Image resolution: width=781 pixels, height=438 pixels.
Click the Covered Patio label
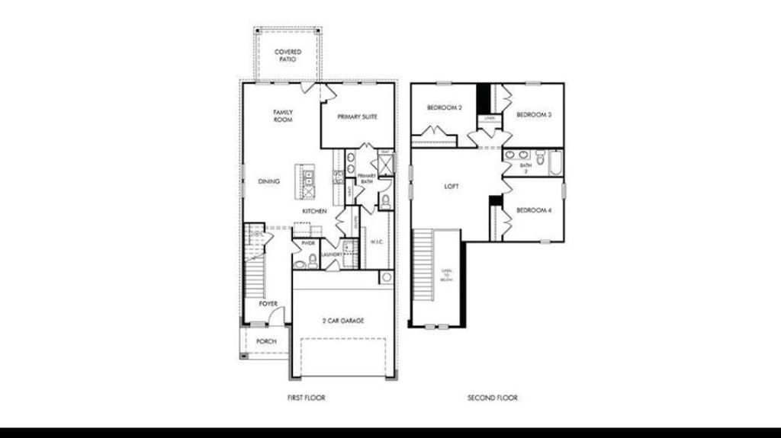[288, 56]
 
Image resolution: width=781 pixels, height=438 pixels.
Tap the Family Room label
[283, 116]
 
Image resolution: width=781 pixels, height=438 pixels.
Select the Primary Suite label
[357, 117]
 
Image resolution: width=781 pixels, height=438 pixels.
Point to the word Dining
[268, 181]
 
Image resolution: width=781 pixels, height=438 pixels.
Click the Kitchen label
[314, 211]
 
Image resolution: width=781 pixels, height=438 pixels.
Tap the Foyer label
[268, 304]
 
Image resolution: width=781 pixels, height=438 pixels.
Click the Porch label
[266, 341]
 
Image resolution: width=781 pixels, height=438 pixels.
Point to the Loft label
[452, 187]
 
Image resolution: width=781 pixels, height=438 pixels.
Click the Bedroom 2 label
[444, 108]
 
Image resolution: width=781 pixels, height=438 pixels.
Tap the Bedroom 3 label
[534, 115]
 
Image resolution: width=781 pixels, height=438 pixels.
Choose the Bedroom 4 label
[534, 209]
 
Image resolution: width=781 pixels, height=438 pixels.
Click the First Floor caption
[306, 398]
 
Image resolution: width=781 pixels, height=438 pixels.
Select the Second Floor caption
[493, 398]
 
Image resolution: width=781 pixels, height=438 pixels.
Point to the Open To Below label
[447, 275]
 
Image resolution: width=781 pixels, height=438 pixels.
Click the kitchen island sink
[308, 179]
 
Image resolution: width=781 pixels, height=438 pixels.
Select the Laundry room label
[331, 254]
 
